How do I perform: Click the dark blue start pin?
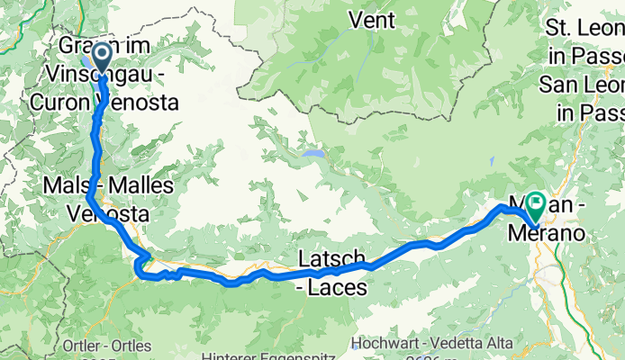point(100,58)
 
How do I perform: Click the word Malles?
point(139,185)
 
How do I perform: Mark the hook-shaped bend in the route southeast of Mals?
point(140,267)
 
